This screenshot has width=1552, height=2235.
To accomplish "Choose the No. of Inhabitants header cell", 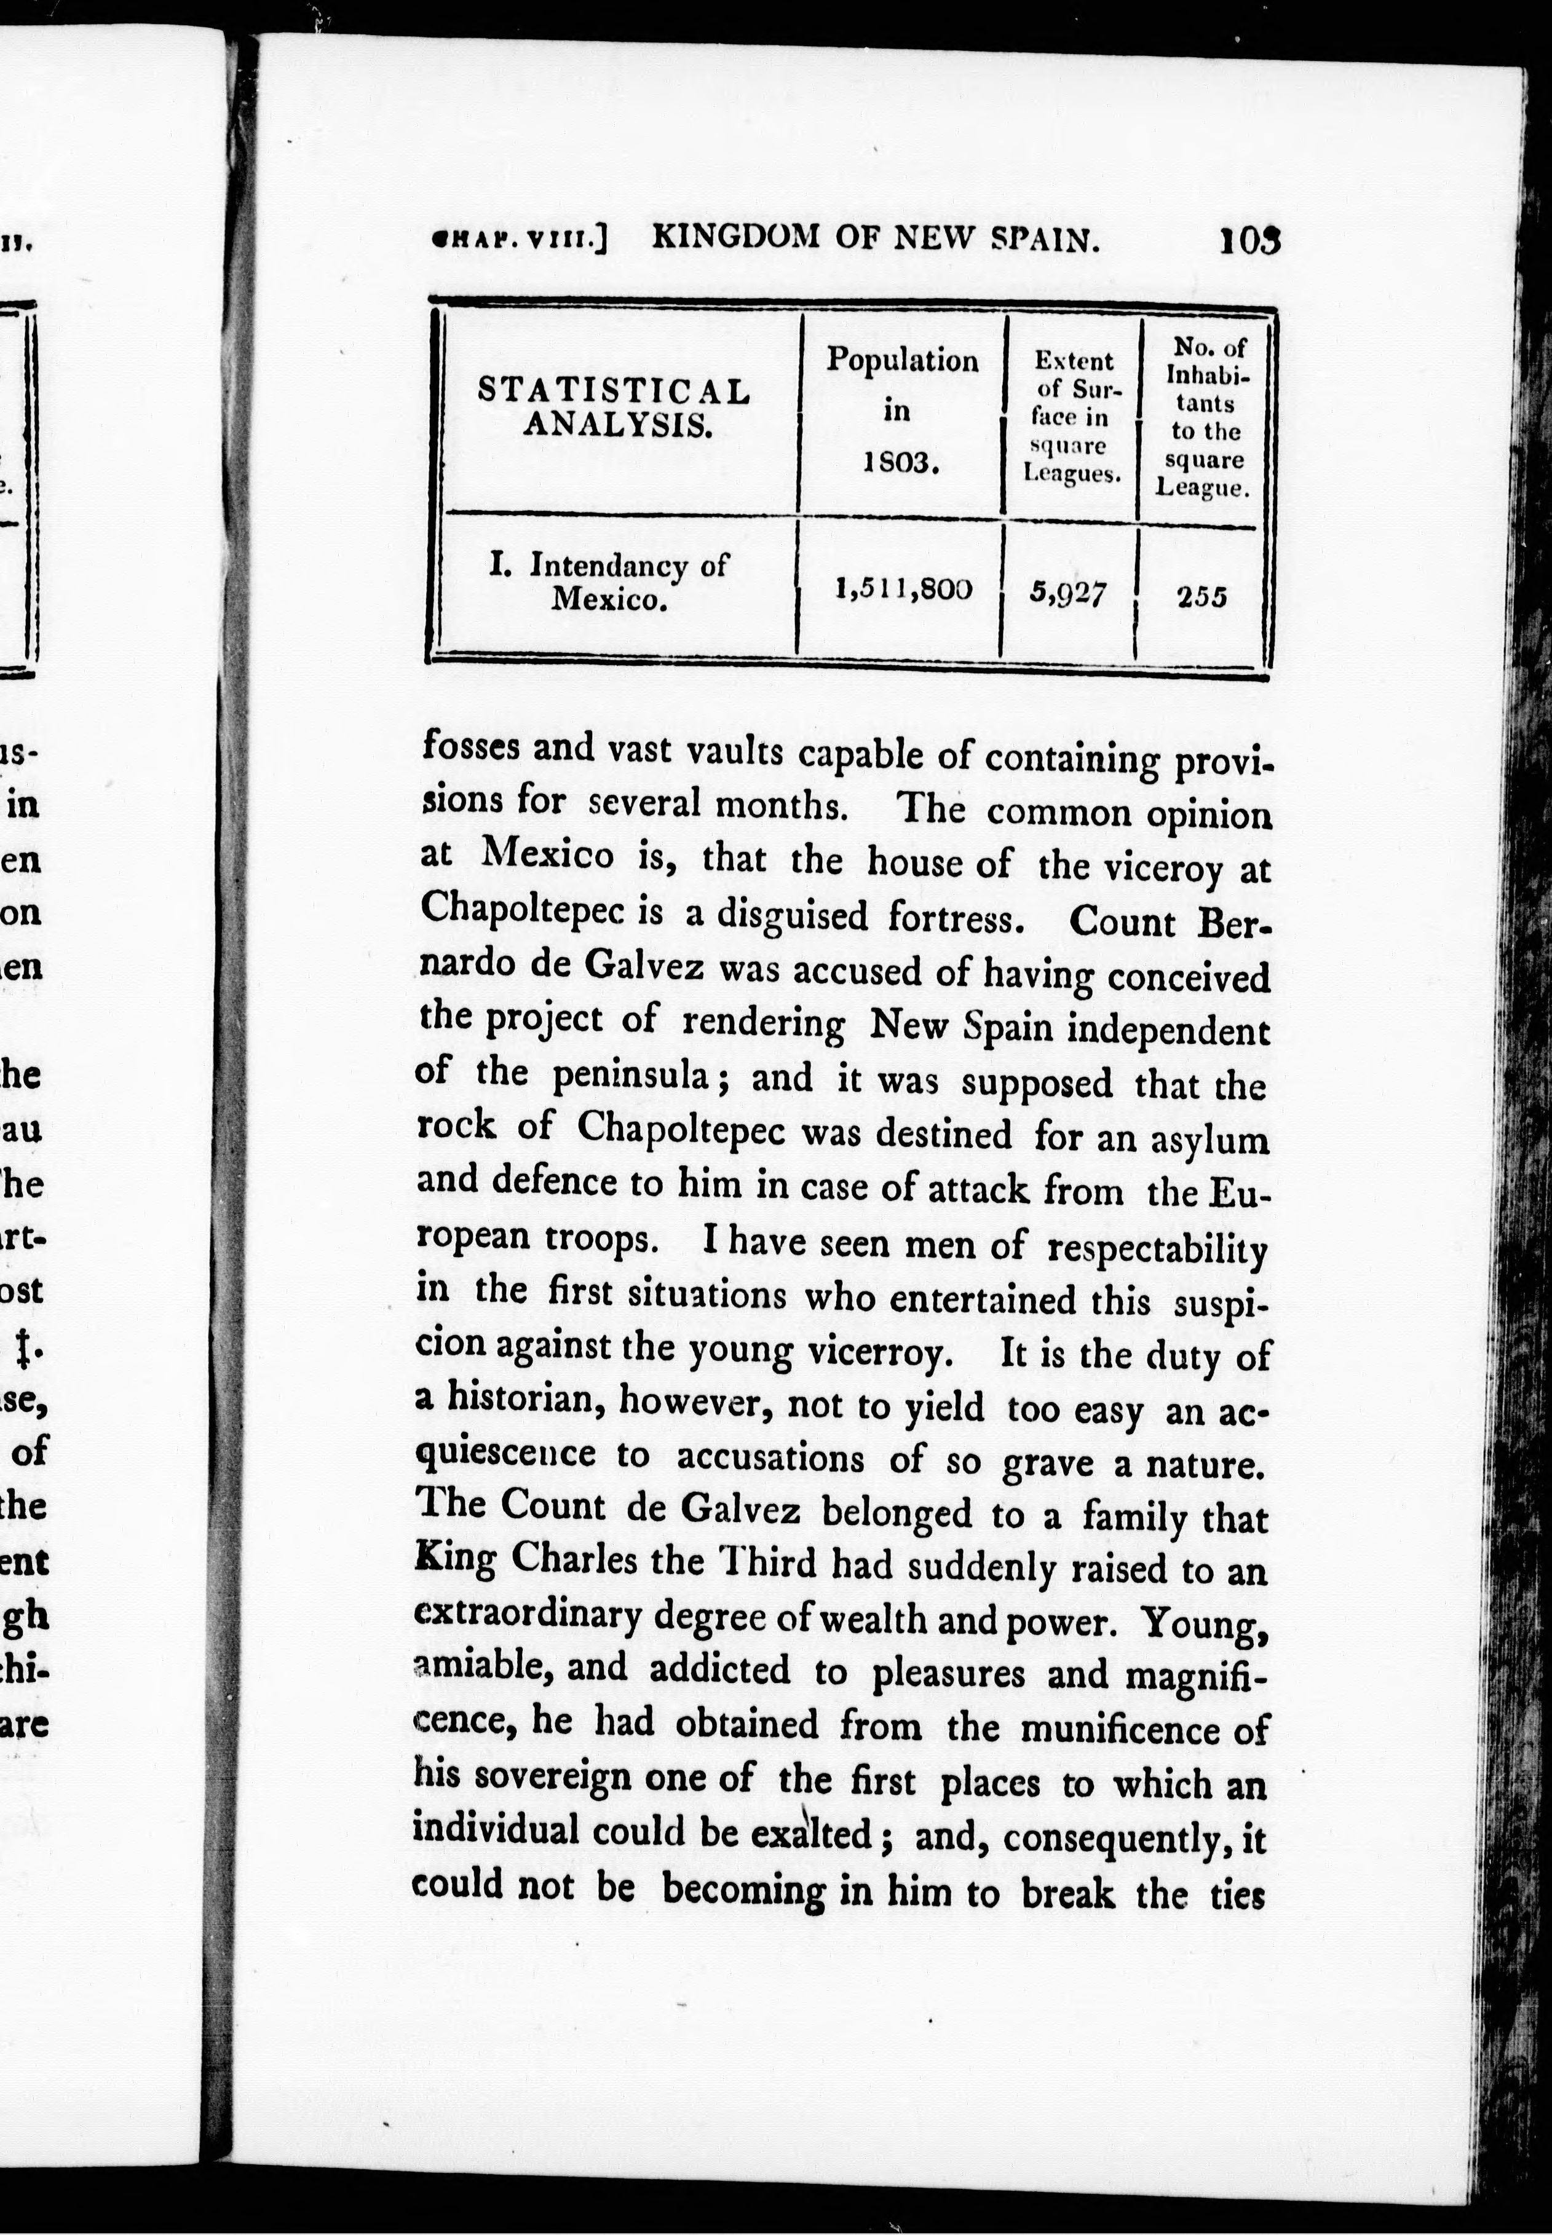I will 1202,417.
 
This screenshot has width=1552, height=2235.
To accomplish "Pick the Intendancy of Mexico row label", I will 609,581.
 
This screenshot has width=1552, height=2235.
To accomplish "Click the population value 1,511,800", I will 903,588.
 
